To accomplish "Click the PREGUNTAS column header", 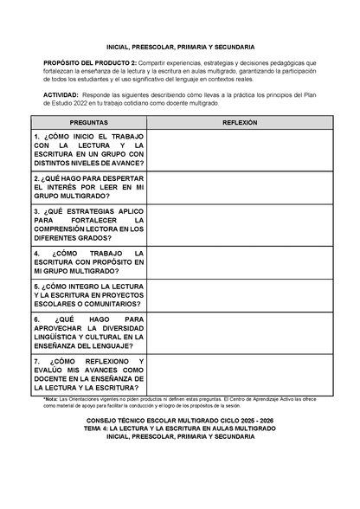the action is [88, 123].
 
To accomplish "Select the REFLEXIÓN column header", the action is [240, 123].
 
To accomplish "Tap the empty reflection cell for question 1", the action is [240, 151].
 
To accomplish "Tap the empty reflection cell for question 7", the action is [240, 375].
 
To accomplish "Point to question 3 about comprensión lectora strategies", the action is [88, 227].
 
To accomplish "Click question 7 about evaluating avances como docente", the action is [88, 375].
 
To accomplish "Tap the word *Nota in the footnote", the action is [52, 398].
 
